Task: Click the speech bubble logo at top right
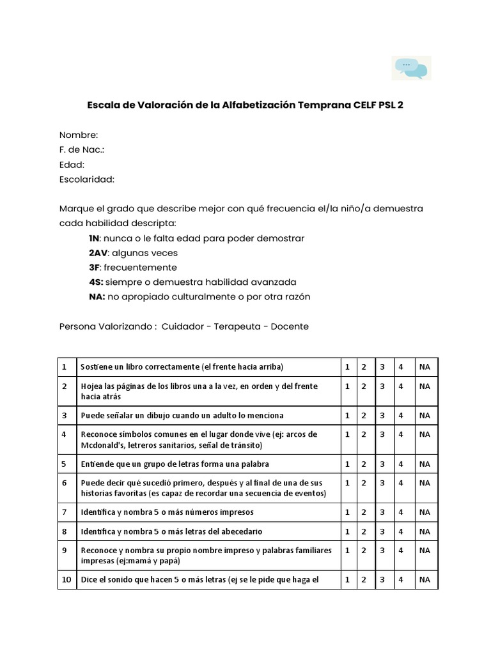(x=411, y=68)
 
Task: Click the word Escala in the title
(x=102, y=106)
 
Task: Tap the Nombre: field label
(x=79, y=135)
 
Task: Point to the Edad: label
(x=72, y=165)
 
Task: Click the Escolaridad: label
(x=87, y=179)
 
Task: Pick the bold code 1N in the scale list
(x=95, y=238)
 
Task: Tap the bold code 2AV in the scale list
(x=98, y=253)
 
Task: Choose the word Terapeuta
(x=237, y=326)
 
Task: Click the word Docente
(x=290, y=326)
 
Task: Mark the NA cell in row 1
(x=425, y=367)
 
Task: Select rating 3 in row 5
(x=382, y=464)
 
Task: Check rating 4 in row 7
(x=400, y=512)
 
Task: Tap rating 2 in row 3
(x=363, y=415)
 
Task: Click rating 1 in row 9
(x=347, y=551)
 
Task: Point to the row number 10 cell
(x=66, y=580)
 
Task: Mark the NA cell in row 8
(x=425, y=531)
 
